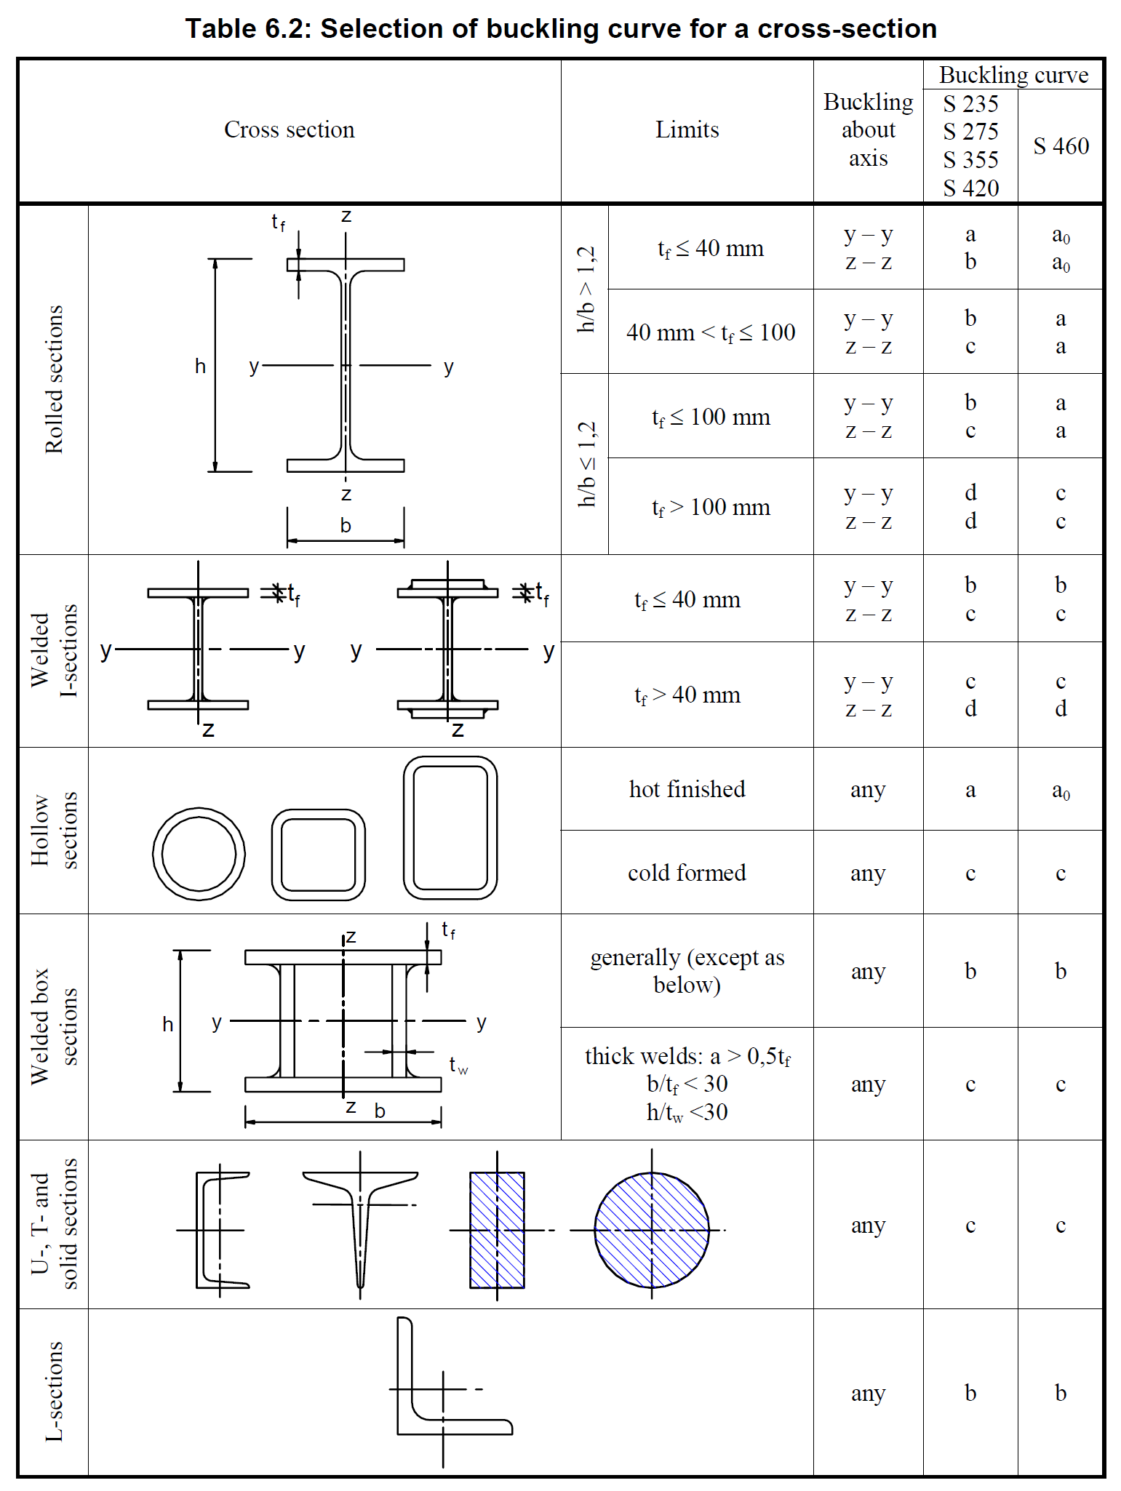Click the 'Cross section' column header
[x=289, y=129]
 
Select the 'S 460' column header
[x=1061, y=146]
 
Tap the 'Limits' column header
[x=687, y=129]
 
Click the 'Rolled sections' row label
[x=54, y=380]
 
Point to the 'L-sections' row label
[x=54, y=1391]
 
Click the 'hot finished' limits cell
[x=687, y=789]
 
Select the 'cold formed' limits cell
[x=687, y=873]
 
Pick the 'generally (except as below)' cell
[x=687, y=971]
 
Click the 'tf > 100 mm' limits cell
[x=711, y=507]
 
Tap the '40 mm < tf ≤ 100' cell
[x=711, y=332]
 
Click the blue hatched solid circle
[x=651, y=1230]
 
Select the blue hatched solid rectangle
[x=497, y=1230]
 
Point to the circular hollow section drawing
[x=199, y=853]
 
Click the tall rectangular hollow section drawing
[x=450, y=828]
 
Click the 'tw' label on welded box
[x=458, y=1066]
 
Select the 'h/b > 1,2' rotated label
[x=586, y=289]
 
